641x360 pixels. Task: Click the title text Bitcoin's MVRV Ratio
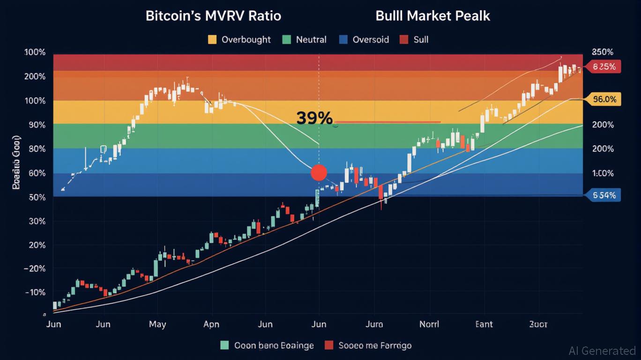click(213, 15)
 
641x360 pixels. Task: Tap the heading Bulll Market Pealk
click(432, 15)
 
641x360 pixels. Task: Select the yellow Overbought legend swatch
click(212, 39)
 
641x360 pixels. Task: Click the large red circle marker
click(319, 172)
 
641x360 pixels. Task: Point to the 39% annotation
click(314, 118)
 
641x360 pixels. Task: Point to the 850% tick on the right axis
click(603, 52)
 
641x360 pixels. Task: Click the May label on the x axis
click(157, 324)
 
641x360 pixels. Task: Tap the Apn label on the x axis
click(211, 324)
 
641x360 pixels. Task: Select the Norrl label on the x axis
click(429, 324)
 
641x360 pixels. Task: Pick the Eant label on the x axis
click(484, 324)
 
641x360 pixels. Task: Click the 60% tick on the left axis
click(35, 173)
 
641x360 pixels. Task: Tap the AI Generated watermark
click(602, 351)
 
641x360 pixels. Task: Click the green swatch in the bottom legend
click(224, 345)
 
